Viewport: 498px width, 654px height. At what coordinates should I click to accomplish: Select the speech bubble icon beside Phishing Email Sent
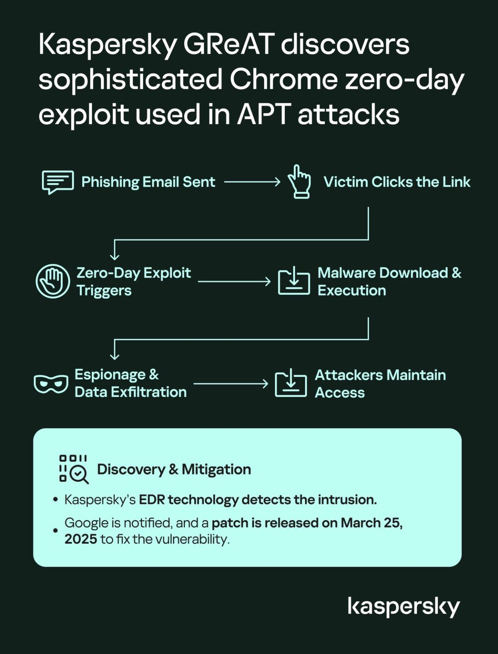58,182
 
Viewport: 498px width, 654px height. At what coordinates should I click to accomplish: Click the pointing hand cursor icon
299,182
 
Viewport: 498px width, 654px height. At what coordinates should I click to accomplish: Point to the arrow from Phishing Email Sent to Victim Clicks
252,182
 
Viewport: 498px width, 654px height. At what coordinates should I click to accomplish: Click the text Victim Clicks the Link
397,182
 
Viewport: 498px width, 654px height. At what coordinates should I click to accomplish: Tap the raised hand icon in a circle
53,281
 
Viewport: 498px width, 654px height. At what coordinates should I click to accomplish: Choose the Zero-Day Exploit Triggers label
133,281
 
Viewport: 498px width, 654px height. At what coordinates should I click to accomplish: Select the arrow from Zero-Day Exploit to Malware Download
234,281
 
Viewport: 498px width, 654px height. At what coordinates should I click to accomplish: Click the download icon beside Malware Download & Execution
294,281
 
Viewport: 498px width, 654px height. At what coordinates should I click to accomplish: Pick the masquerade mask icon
51,384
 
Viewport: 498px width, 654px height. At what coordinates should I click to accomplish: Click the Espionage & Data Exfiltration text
130,383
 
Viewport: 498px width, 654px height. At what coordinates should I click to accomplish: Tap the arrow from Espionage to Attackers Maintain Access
231,384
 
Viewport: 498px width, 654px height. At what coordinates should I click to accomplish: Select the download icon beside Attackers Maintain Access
291,383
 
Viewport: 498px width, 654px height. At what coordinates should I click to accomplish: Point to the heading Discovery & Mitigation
174,469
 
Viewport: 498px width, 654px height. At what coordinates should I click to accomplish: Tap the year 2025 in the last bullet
80,539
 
